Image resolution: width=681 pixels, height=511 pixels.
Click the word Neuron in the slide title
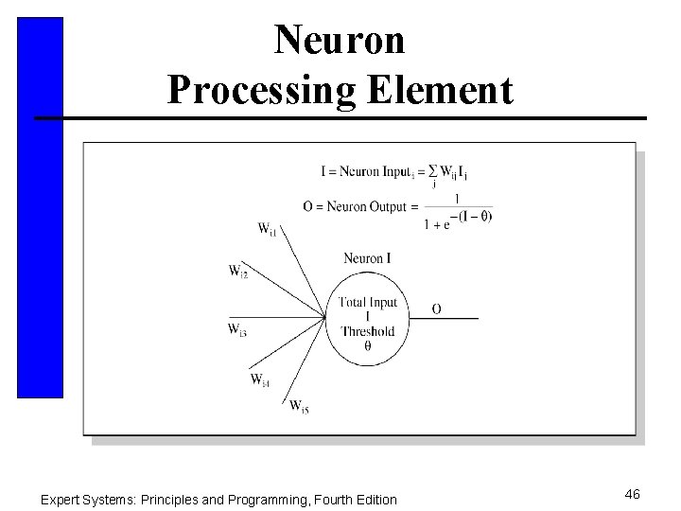click(340, 40)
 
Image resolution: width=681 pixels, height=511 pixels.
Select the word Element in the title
click(435, 91)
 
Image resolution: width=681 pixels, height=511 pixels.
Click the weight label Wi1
click(268, 228)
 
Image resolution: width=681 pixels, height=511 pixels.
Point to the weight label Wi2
click(238, 271)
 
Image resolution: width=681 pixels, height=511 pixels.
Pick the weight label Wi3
click(237, 329)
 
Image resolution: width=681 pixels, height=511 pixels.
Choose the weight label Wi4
click(260, 379)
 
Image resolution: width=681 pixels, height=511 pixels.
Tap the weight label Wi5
click(299, 407)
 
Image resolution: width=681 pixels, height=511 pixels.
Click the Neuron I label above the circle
click(367, 258)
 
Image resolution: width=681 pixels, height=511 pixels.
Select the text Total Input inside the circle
click(368, 303)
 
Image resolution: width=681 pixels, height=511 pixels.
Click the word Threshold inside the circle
click(367, 331)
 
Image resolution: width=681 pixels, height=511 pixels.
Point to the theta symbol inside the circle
click(367, 346)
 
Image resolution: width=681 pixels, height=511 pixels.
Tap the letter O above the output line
click(436, 308)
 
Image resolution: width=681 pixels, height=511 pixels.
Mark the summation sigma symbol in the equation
click(433, 171)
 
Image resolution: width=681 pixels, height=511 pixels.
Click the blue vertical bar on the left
click(40, 208)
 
